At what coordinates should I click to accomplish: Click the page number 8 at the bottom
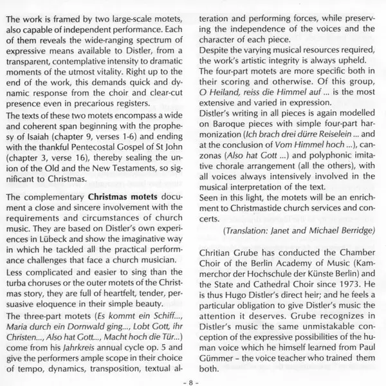coord(193,380)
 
